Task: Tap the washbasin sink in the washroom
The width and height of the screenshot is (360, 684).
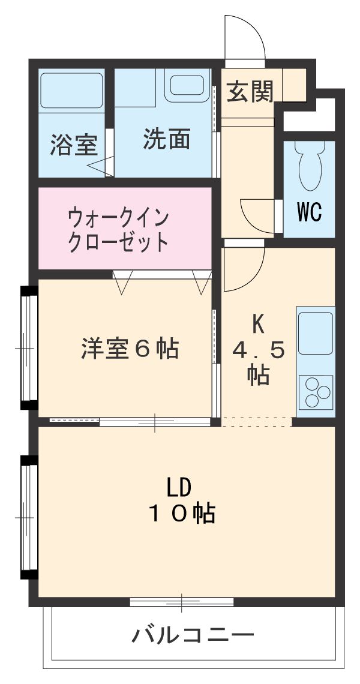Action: [187, 85]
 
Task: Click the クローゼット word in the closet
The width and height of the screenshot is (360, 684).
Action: [119, 242]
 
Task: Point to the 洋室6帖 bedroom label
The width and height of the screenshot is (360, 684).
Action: [130, 348]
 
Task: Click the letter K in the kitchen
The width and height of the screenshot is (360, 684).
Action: [258, 325]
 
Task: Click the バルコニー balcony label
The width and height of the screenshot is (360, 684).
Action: [193, 634]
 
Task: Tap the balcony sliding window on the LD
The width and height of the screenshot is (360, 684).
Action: [182, 601]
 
